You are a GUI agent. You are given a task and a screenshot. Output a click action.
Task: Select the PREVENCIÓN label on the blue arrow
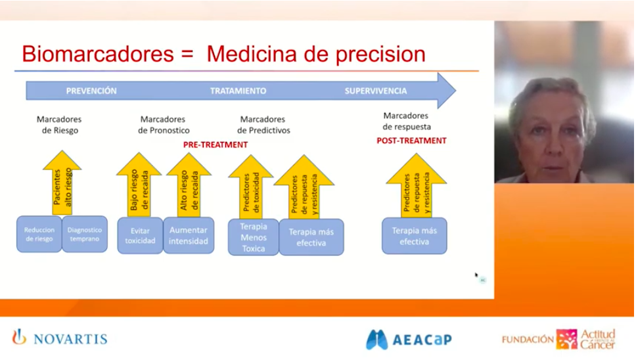(91, 91)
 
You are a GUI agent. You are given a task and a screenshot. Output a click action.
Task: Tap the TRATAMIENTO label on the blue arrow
(238, 91)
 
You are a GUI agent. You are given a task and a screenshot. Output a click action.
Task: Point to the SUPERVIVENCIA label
(376, 91)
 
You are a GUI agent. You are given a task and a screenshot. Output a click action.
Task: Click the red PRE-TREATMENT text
(215, 145)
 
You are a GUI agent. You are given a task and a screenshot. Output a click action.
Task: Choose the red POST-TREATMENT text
(411, 141)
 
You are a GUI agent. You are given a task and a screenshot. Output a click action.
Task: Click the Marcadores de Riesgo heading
(59, 125)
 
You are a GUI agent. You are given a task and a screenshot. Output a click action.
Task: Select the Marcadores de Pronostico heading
(163, 125)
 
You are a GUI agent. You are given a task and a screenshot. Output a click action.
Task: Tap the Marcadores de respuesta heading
(406, 121)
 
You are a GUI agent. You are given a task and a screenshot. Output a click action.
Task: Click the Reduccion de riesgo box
(39, 235)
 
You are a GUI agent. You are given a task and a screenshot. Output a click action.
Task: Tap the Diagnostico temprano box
(85, 235)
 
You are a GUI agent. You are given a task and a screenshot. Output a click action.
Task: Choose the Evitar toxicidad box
(140, 235)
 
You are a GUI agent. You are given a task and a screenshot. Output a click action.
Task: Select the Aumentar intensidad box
(189, 235)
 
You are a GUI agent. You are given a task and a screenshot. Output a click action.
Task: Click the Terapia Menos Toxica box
(253, 237)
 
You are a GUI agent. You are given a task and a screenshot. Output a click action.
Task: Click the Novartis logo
(60, 339)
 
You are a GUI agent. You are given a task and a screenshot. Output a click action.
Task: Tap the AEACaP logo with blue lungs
(409, 339)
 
